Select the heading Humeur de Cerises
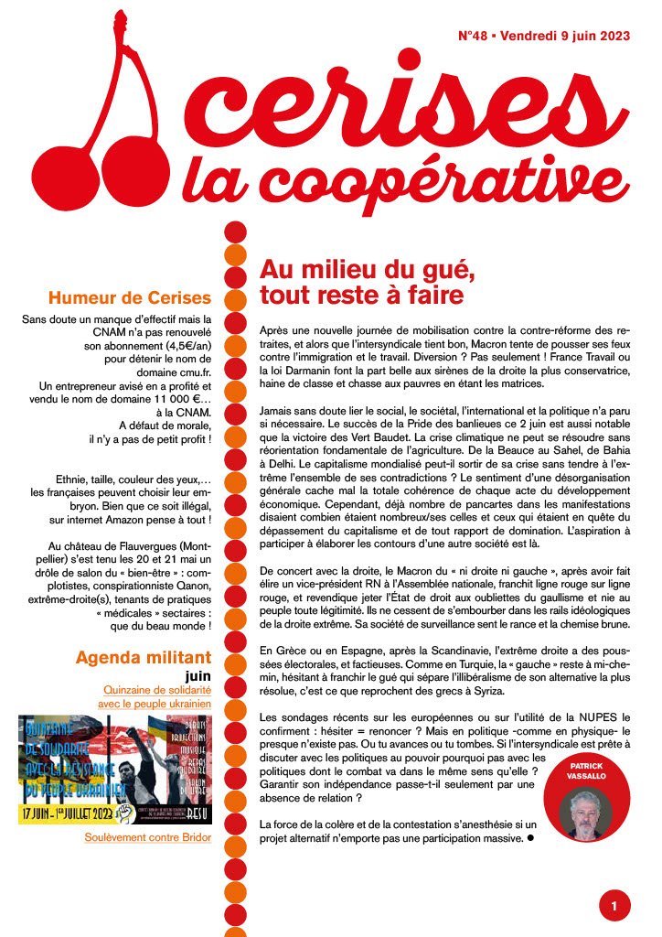pyautogui.click(x=130, y=298)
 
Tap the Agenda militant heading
pyautogui.click(x=144, y=657)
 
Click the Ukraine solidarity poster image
pyautogui.click(x=115, y=769)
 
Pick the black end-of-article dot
pyautogui.click(x=529, y=837)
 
